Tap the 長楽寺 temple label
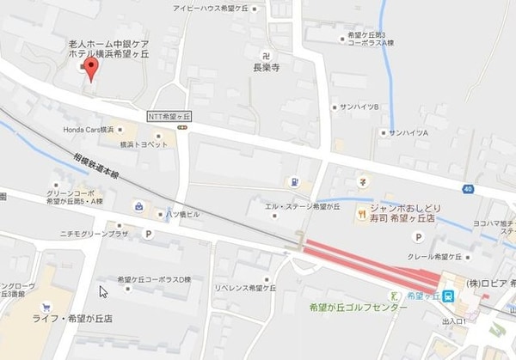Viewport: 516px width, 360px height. coord(267,62)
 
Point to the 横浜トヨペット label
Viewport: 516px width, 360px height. coord(144,144)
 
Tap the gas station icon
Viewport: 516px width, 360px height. coord(293,181)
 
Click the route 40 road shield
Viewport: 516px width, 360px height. coord(467,188)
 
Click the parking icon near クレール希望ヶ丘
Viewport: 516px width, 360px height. coord(420,237)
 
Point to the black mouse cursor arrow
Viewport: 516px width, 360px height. coord(102,290)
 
